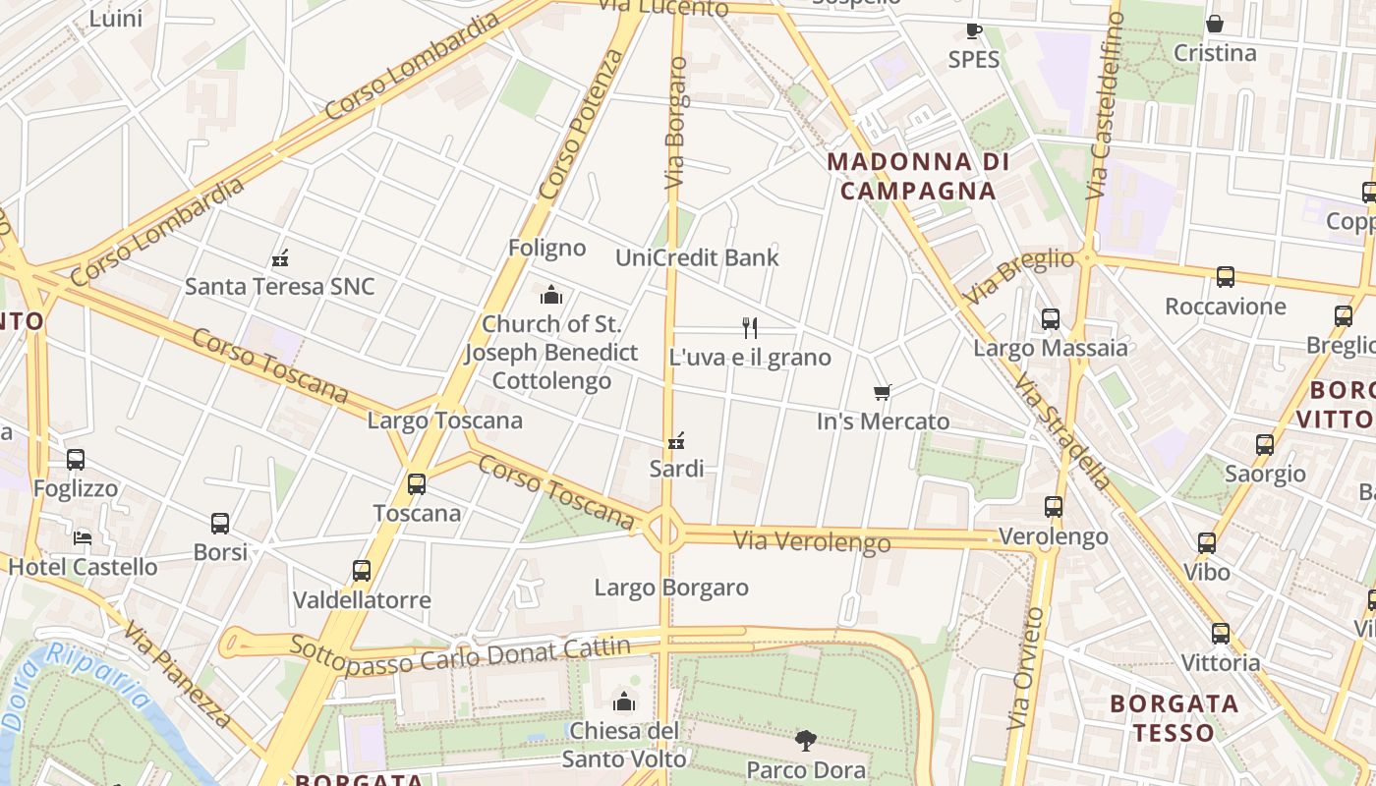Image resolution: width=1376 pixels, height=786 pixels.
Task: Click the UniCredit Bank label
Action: (x=696, y=258)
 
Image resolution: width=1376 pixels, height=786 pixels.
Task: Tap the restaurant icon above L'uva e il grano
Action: (x=750, y=327)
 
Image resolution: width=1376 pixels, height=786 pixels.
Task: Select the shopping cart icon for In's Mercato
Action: (x=883, y=393)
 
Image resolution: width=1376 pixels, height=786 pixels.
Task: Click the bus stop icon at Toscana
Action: (x=417, y=484)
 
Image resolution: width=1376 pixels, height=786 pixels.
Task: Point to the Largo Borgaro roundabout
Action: (x=665, y=531)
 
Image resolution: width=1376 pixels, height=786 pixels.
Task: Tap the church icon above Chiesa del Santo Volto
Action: (x=623, y=702)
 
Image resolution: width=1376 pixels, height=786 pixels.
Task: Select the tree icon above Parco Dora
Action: (x=806, y=741)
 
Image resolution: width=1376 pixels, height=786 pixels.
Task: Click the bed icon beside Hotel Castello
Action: (x=83, y=537)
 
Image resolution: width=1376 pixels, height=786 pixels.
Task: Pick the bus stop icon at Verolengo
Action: (x=1054, y=507)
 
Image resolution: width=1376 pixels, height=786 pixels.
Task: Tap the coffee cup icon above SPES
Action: (x=974, y=30)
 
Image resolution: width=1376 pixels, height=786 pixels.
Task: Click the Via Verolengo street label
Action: (x=811, y=541)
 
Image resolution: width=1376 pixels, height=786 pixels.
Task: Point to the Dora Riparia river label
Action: (x=77, y=686)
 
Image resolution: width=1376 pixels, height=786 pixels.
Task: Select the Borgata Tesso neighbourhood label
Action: (x=1174, y=718)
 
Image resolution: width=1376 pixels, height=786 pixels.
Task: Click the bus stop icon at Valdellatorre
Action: (x=362, y=571)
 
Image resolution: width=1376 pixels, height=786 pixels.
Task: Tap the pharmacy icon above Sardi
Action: (x=676, y=440)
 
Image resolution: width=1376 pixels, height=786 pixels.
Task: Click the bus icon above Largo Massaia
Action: (x=1050, y=319)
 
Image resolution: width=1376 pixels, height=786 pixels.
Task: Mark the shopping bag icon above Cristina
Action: (x=1215, y=24)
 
